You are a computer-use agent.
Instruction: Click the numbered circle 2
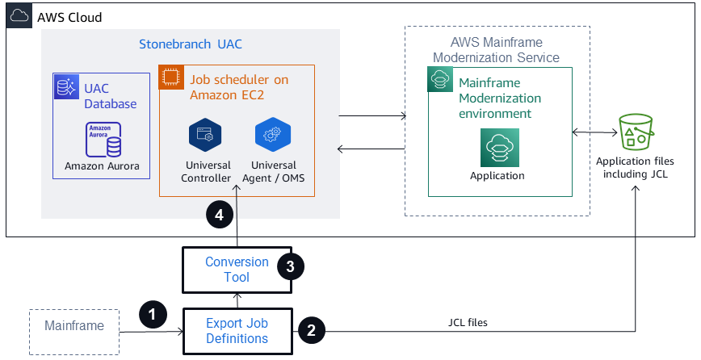coord(313,330)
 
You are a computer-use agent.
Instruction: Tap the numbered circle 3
coord(290,266)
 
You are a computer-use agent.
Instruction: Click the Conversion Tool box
coord(237,270)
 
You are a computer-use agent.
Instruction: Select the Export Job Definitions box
coord(237,331)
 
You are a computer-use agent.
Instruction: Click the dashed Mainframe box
coord(73,327)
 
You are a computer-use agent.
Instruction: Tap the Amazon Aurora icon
coord(103,140)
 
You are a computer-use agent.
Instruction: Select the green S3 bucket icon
coord(635,132)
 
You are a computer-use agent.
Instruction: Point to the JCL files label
coord(468,322)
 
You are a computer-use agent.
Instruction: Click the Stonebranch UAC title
coord(190,43)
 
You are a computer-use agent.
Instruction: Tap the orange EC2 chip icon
coord(170,77)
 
